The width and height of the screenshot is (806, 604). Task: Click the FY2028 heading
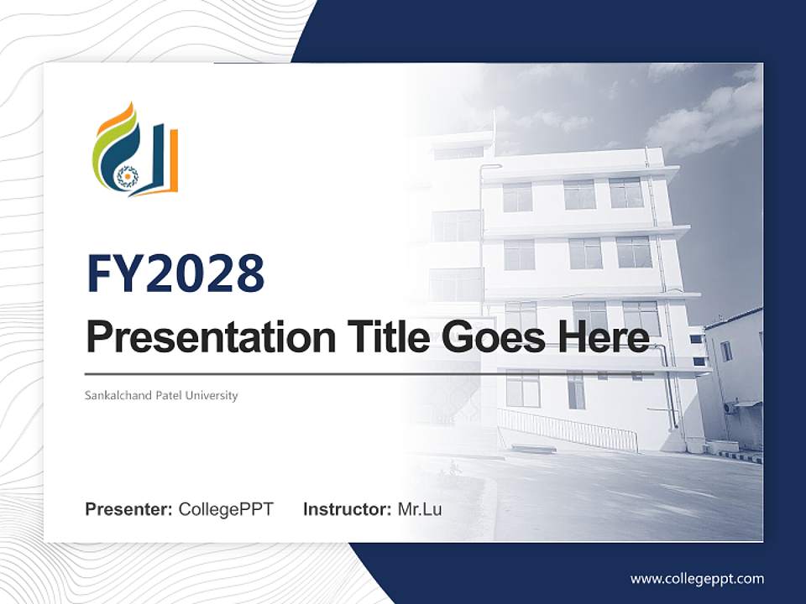click(x=175, y=274)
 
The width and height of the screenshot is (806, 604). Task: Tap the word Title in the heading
click(x=384, y=338)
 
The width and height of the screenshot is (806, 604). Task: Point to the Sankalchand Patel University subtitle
click(x=161, y=395)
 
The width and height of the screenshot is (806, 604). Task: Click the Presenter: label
click(x=129, y=509)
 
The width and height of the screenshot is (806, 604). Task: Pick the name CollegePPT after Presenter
click(x=226, y=509)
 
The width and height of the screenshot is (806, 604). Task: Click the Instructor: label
click(x=347, y=509)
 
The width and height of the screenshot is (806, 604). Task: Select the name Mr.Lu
click(x=419, y=509)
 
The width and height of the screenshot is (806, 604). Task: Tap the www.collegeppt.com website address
click(x=697, y=578)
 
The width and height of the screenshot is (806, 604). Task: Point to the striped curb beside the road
click(x=739, y=457)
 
